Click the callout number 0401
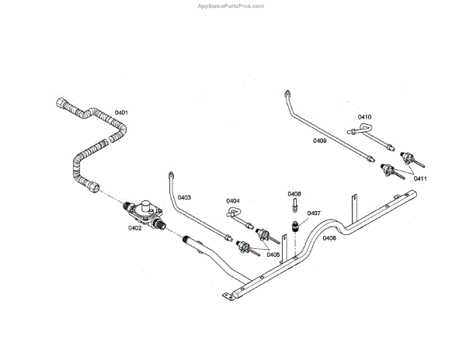tap(121, 113)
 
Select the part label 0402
tap(134, 228)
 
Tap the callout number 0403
tap(184, 197)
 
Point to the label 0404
tap(233, 201)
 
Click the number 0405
tap(273, 254)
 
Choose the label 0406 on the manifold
tap(329, 238)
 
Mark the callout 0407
tap(314, 213)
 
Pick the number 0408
tap(294, 193)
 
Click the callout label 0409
tap(319, 140)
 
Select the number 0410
tap(364, 117)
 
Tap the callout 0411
tap(419, 178)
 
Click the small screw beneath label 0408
tap(295, 206)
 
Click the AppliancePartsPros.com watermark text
tap(232, 5)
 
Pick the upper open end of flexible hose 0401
tap(61, 100)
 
